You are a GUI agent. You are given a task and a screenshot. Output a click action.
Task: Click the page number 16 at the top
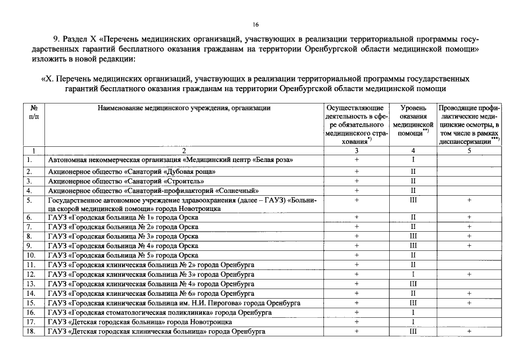(x=255, y=24)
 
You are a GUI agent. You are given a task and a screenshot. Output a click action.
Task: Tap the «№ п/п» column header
(x=33, y=111)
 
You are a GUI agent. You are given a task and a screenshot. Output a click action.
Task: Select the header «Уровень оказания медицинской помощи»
(x=413, y=120)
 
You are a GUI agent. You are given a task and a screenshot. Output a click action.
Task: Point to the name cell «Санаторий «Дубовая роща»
(x=132, y=171)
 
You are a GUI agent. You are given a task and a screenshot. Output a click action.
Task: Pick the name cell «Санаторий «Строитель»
(x=126, y=181)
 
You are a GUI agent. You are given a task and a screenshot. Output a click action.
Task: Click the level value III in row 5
(x=413, y=200)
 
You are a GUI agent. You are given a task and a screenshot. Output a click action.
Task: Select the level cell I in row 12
(x=413, y=274)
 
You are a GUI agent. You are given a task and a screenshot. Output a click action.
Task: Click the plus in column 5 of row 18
(x=469, y=331)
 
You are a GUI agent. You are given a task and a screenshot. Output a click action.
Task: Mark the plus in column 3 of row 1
(x=357, y=160)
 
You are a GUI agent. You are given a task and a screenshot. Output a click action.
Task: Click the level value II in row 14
(x=413, y=293)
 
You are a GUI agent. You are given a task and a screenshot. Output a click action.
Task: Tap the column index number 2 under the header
(x=184, y=151)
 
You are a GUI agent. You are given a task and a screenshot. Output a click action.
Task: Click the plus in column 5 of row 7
(x=469, y=227)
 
